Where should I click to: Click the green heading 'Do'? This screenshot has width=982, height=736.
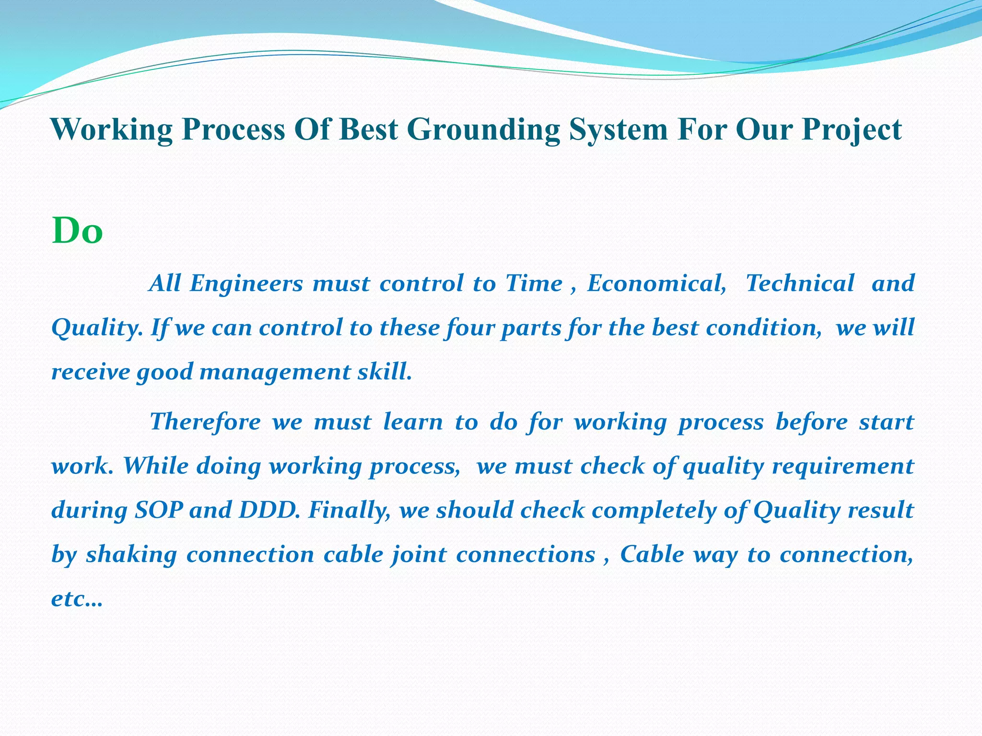point(77,231)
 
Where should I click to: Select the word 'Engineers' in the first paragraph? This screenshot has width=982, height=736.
point(246,283)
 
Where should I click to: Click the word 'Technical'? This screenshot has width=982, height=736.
point(800,283)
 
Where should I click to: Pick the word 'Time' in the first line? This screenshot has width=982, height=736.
point(534,283)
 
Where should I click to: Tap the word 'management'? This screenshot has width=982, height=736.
point(275,372)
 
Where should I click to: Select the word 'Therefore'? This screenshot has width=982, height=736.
point(205,422)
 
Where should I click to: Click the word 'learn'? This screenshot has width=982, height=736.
point(413,422)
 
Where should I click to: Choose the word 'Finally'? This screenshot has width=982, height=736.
point(349,510)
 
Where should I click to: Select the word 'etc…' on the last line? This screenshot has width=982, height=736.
point(77,599)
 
